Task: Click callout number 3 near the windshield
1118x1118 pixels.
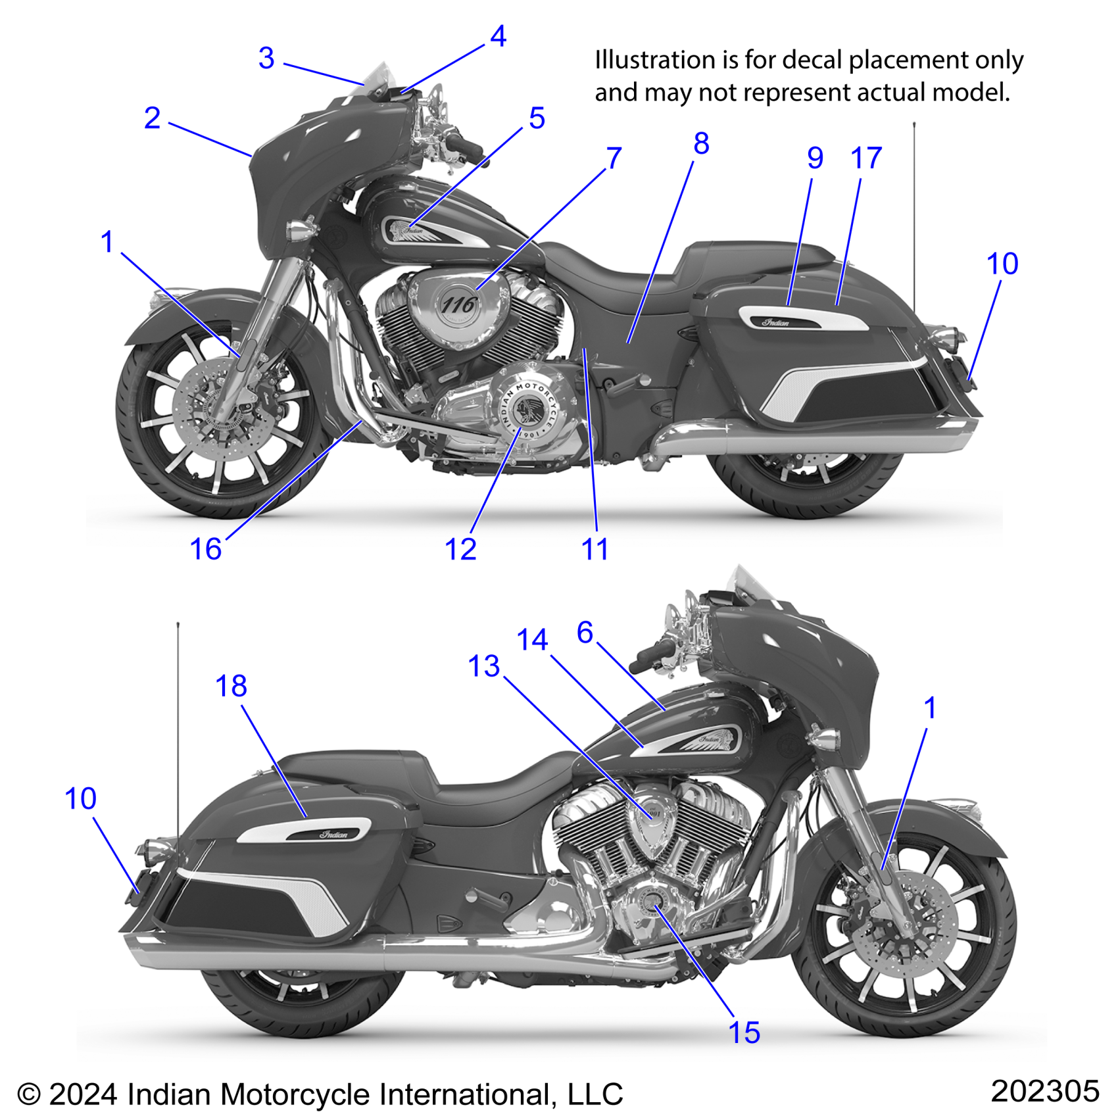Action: pos(266,59)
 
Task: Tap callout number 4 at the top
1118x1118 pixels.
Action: pos(498,37)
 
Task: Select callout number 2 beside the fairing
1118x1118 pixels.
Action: pos(152,118)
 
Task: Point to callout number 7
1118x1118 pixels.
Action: pos(614,158)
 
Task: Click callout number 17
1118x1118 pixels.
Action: pos(866,158)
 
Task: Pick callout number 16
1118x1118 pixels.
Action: pos(206,549)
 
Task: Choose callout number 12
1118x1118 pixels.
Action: pos(460,549)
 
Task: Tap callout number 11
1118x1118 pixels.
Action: pos(595,549)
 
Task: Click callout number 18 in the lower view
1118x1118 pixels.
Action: pos(231,686)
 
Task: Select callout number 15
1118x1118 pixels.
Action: pos(744,1033)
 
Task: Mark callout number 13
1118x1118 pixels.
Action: pos(484,666)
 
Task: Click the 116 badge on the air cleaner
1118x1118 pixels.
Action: pos(458,305)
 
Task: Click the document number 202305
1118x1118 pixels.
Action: pos(1044,1091)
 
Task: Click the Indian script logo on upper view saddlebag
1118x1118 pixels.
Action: pos(776,322)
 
